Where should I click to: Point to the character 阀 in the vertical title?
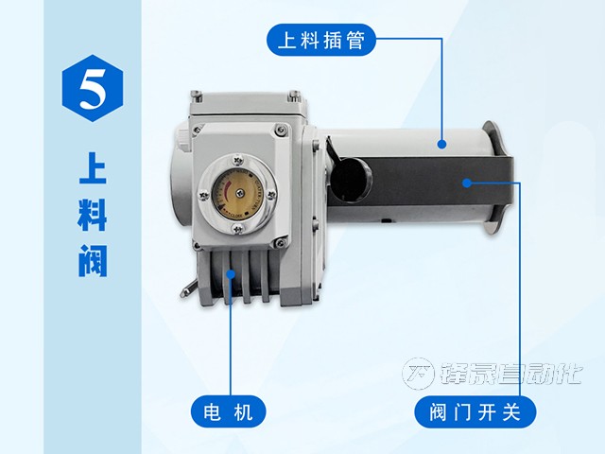pyautogui.click(x=93, y=262)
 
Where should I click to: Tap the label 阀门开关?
pyautogui.click(x=475, y=412)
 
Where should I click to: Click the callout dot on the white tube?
pyautogui.click(x=441, y=144)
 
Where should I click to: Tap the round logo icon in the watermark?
pyautogui.click(x=420, y=375)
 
